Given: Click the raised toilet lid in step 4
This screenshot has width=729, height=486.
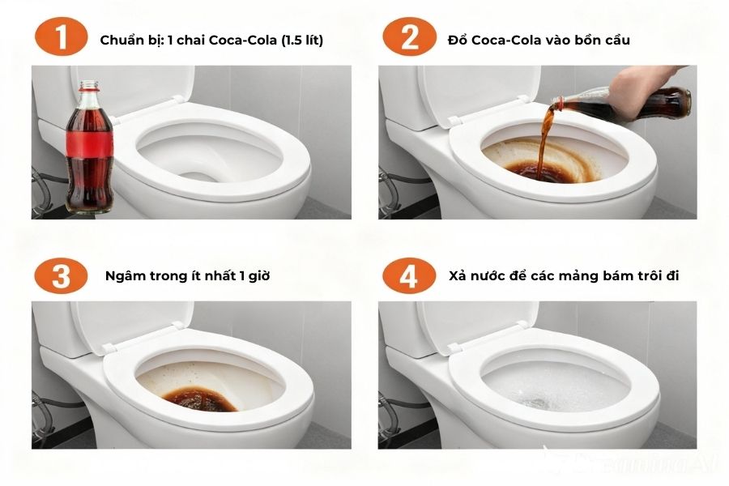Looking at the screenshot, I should click(x=478, y=324).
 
